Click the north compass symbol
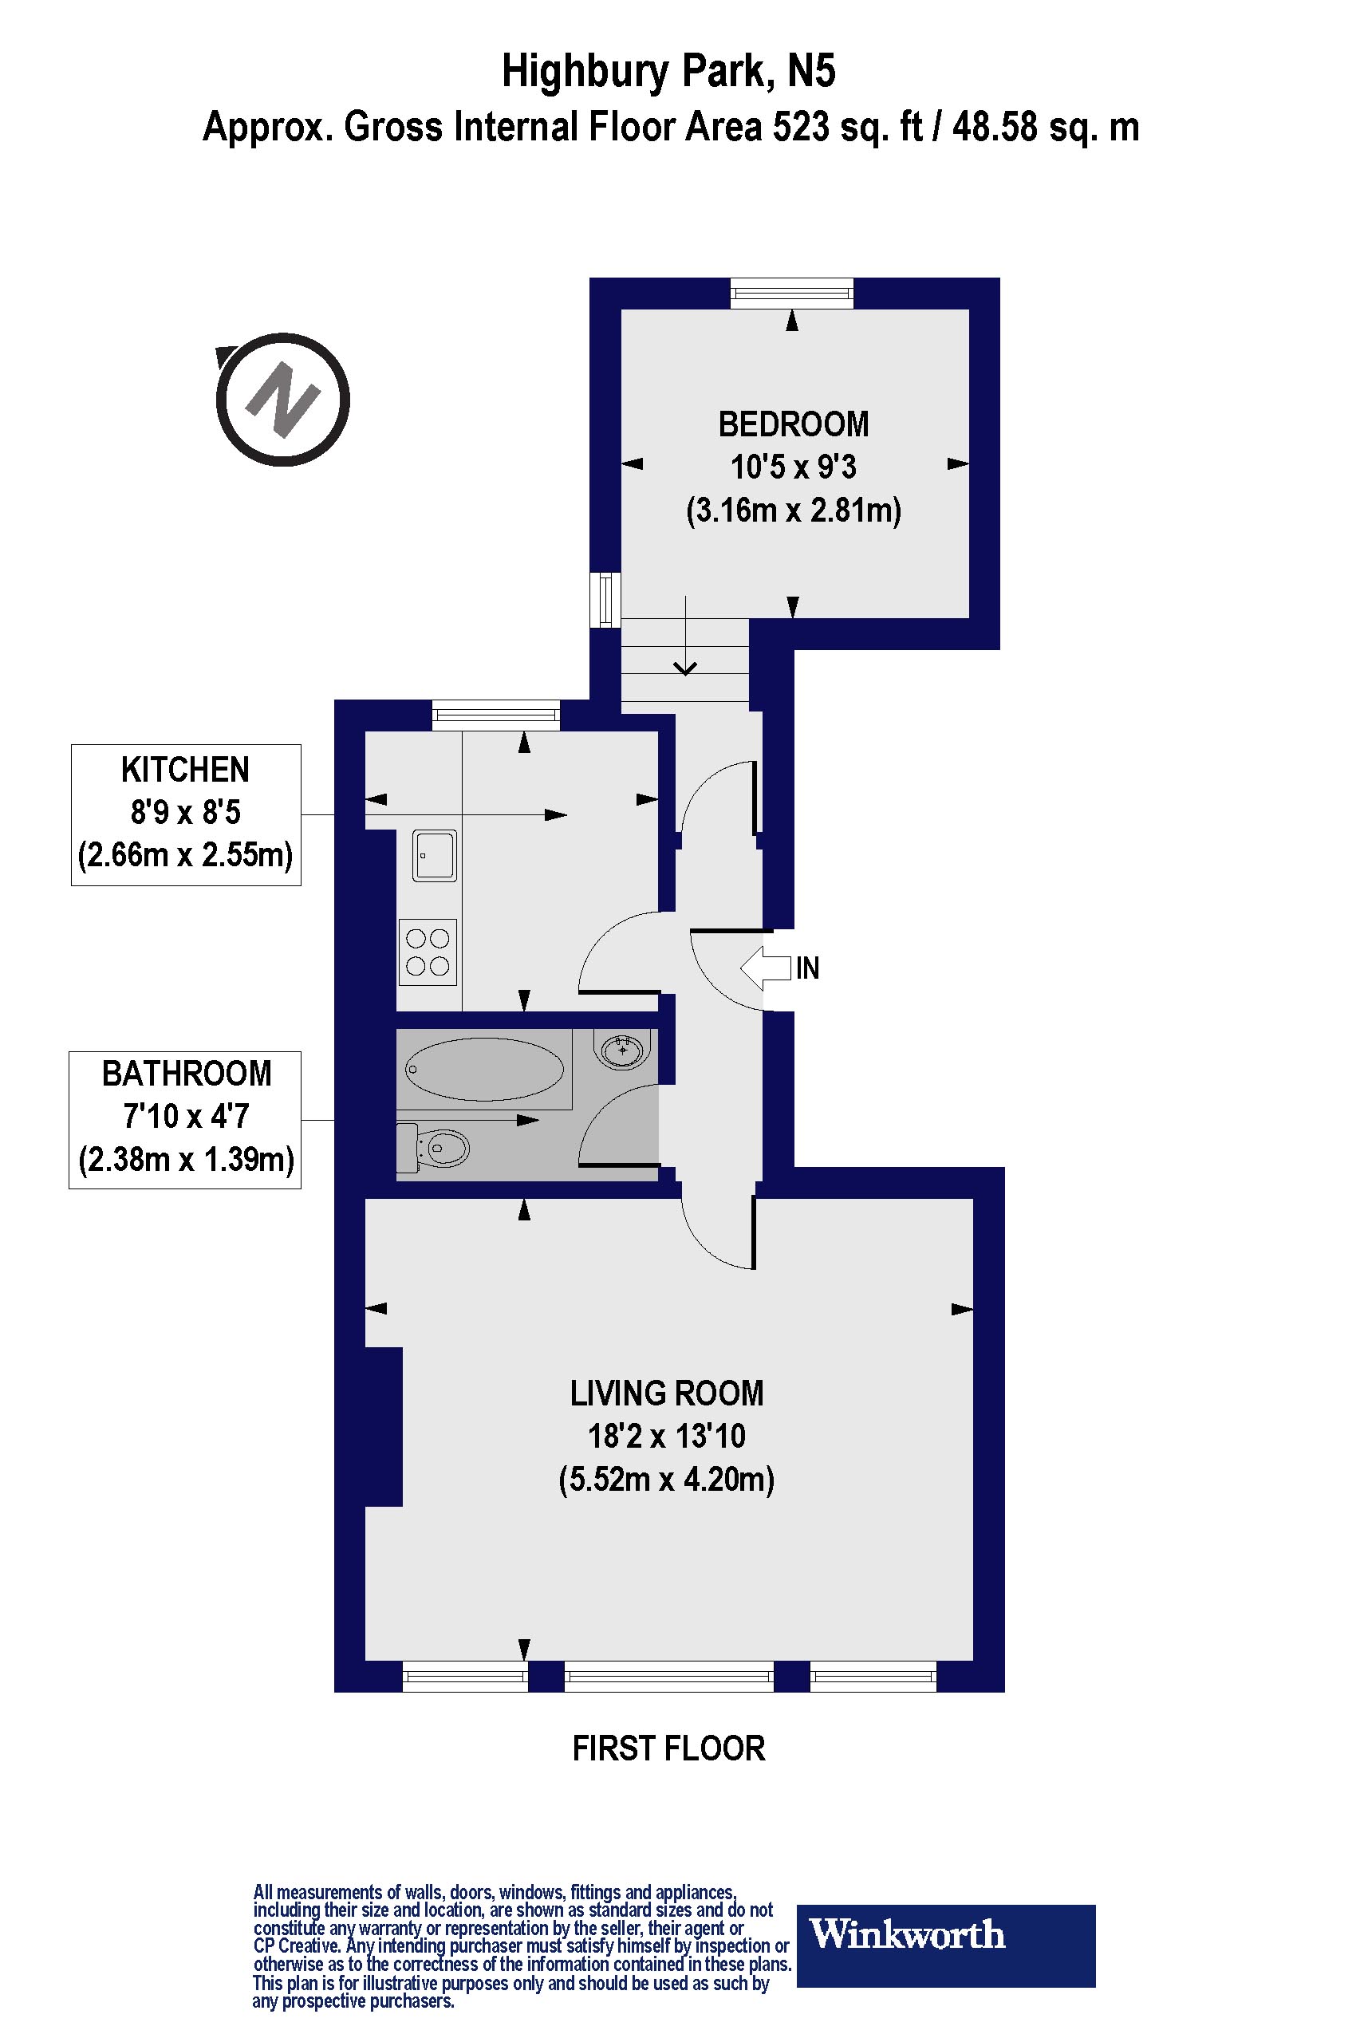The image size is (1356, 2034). pos(283,400)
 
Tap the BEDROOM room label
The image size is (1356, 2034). pos(793,424)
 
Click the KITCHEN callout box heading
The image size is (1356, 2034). pos(185,770)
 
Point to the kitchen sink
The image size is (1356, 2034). pos(434,855)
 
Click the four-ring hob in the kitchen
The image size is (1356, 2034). pos(428,952)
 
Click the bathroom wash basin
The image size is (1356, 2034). pos(623,1049)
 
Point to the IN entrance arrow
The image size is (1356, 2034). pos(767,968)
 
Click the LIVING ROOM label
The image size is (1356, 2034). pos(667,1393)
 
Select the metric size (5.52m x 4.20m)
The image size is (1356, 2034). pos(667,1479)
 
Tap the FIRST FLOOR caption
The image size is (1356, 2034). pos(668,1748)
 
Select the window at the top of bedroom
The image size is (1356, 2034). pos(791,294)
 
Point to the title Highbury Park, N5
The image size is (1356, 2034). pos(668,71)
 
